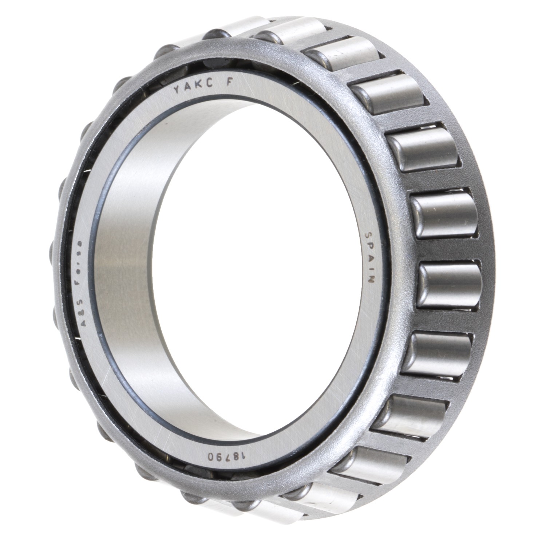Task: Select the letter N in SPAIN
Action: tap(371, 280)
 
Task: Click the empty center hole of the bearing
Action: tap(233, 269)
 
